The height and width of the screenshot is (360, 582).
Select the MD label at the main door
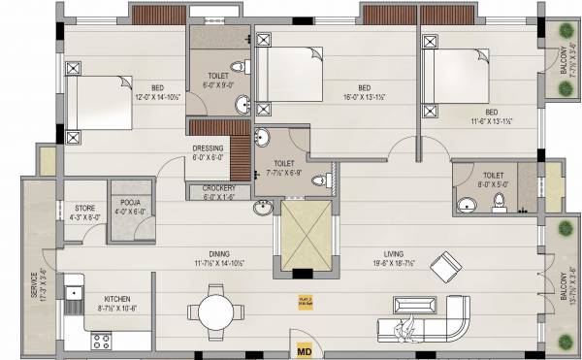[303, 349]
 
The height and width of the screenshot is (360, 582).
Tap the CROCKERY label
[220, 189]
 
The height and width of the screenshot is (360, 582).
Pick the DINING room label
[205, 255]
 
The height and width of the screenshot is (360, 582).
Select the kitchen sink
[74, 291]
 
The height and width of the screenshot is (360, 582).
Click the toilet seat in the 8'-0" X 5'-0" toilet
[500, 202]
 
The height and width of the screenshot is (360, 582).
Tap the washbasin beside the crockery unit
[263, 207]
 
